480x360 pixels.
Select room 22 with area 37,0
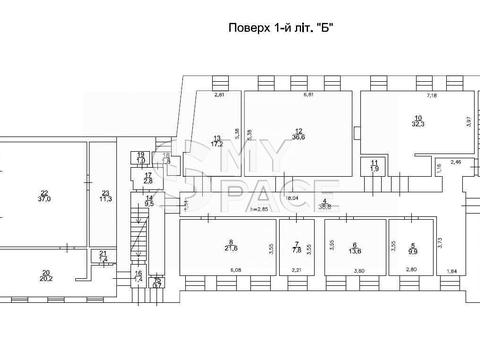tap(44, 197)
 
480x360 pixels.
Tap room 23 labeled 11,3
tap(106, 196)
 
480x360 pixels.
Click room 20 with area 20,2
tap(45, 276)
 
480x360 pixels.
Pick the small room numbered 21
tap(104, 257)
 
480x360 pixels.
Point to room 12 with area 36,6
tap(299, 134)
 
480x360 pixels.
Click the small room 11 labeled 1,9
tap(374, 165)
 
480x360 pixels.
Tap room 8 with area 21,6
tap(231, 246)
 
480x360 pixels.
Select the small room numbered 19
tap(141, 157)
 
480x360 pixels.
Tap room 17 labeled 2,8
tap(147, 179)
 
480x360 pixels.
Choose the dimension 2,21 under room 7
tap(296, 270)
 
